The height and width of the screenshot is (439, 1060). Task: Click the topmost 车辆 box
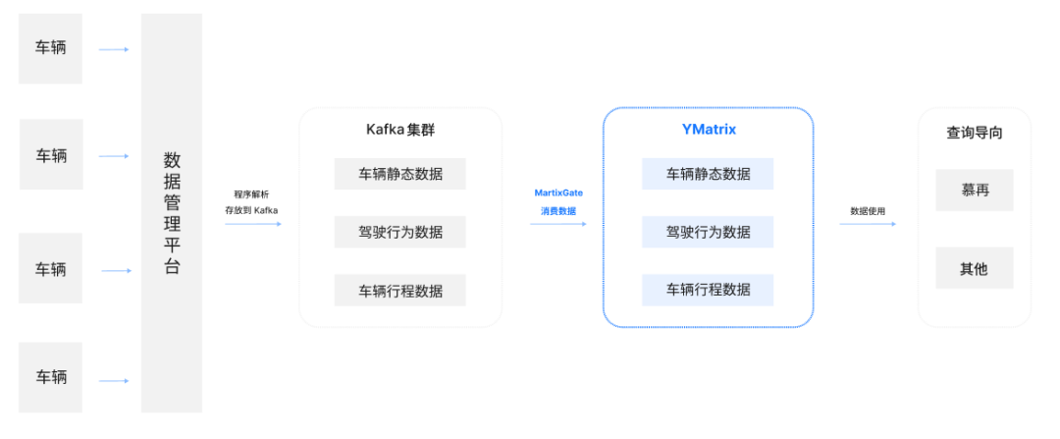(x=51, y=47)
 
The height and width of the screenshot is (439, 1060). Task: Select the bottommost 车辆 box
(x=51, y=376)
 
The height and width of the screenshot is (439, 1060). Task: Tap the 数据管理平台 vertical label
(x=172, y=213)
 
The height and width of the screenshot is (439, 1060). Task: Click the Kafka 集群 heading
(x=399, y=130)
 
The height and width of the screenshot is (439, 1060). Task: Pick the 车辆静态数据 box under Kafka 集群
(x=399, y=174)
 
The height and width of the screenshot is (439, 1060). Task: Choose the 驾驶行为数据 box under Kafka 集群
(x=399, y=232)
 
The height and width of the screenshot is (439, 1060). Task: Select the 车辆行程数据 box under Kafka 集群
(x=399, y=290)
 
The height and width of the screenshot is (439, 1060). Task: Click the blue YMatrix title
(x=708, y=129)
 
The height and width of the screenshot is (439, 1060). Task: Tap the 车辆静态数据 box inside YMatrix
(x=708, y=174)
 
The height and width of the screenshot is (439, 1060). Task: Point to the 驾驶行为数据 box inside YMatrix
(x=708, y=232)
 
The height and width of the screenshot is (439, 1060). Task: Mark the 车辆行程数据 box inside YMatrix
(x=708, y=290)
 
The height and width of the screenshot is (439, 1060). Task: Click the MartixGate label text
(x=557, y=193)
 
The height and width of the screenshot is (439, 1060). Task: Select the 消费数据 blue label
(x=557, y=211)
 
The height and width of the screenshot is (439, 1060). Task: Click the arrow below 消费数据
(x=557, y=224)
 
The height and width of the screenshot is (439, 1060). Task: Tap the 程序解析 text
(x=251, y=193)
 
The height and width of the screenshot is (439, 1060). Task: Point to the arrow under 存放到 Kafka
(x=252, y=224)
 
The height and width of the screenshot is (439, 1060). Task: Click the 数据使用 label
(x=868, y=210)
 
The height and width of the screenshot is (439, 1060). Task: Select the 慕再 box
(x=974, y=190)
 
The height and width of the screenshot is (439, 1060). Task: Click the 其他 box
(x=974, y=268)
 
